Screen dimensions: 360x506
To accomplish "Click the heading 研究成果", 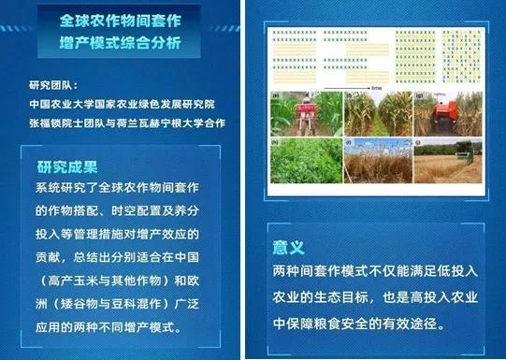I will click(x=67, y=167).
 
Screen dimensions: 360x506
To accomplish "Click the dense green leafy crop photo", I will click(x=305, y=161).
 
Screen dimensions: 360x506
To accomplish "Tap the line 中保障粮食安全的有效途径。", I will click(x=368, y=324).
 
